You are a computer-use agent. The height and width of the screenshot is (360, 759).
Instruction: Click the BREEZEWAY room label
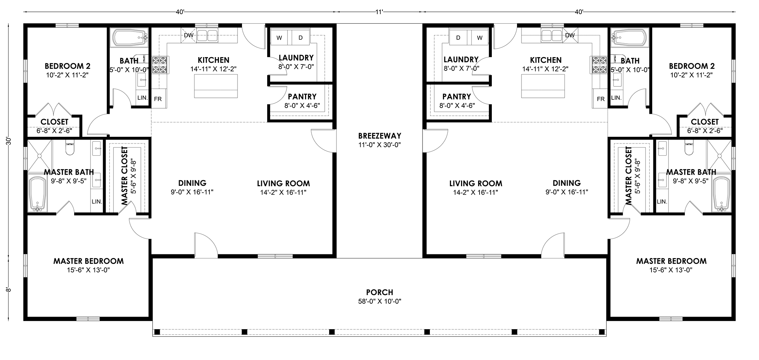tap(379, 136)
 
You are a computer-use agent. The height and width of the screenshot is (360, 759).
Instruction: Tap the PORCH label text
tap(379, 293)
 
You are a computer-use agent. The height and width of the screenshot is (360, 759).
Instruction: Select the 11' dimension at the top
tap(379, 12)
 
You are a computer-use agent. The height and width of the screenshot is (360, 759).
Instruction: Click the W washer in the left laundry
tap(279, 37)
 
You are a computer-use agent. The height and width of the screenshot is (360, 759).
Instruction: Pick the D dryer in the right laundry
tap(458, 37)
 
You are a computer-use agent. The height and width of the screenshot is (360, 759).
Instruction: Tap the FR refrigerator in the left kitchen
tap(157, 99)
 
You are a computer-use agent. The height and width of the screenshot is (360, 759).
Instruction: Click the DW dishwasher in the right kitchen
tap(570, 36)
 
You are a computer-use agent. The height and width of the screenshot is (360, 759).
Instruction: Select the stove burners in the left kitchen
tap(160, 65)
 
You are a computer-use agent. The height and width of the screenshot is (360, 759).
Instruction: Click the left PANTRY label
tap(302, 96)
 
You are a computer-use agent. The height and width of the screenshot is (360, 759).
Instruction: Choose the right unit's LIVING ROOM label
tap(476, 183)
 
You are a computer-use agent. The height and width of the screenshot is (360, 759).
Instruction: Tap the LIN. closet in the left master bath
tap(97, 201)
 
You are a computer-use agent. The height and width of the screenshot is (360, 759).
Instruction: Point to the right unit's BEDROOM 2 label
tap(692, 66)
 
